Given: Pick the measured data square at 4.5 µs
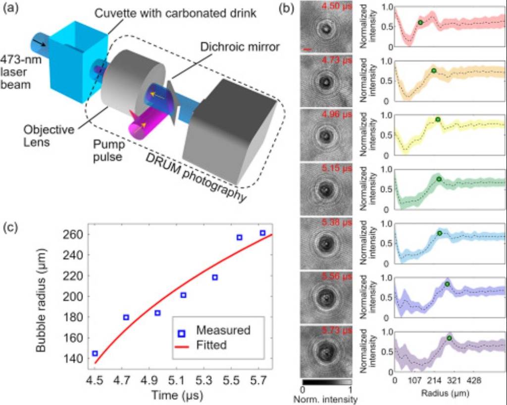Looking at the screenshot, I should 95,353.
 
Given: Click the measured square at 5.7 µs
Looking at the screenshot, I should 262,233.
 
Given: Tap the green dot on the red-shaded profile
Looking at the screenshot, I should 420,22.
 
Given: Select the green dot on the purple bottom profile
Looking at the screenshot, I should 449,338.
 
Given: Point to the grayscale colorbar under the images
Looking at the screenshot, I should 326,383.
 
